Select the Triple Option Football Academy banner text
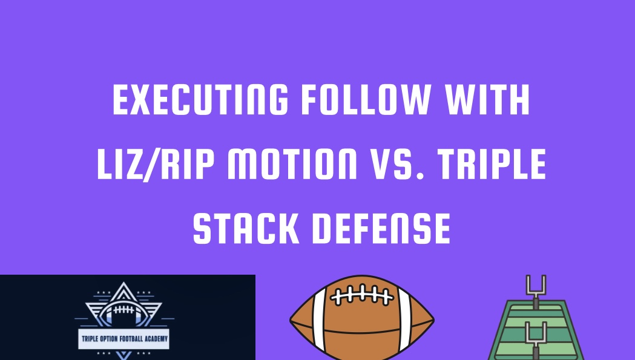(x=123, y=339)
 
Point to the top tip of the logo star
(x=124, y=284)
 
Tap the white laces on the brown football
(x=361, y=296)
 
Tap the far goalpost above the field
(x=536, y=287)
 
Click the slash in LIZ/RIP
(x=154, y=165)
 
